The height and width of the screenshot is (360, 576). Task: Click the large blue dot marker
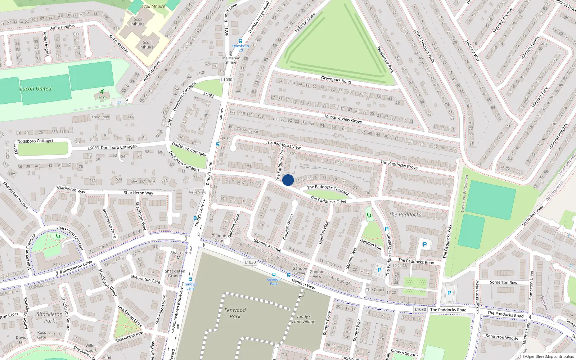click(x=288, y=180)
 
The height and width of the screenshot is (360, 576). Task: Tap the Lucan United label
click(x=36, y=89)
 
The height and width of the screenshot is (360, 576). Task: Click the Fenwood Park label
click(x=235, y=313)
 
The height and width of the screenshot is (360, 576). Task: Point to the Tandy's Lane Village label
click(x=303, y=319)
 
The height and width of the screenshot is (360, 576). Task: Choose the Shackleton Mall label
click(x=181, y=255)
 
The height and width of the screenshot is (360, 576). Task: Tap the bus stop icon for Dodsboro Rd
click(x=240, y=41)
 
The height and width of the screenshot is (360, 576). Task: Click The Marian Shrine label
click(x=231, y=60)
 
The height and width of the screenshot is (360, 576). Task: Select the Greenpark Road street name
click(x=336, y=80)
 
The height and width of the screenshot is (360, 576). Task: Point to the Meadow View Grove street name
click(x=343, y=119)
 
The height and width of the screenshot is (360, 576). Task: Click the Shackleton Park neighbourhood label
click(x=50, y=318)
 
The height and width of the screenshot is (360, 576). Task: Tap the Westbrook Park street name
click(x=385, y=59)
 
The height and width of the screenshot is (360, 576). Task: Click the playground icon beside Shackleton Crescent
click(x=58, y=236)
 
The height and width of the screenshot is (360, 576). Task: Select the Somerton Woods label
click(x=502, y=337)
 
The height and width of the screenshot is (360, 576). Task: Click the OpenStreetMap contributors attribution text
click(x=548, y=357)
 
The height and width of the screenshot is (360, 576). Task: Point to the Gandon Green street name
click(x=288, y=227)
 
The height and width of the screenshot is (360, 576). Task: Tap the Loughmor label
click(x=100, y=117)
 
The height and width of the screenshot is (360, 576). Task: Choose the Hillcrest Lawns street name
click(x=530, y=48)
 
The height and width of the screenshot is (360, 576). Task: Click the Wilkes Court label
click(x=91, y=348)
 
